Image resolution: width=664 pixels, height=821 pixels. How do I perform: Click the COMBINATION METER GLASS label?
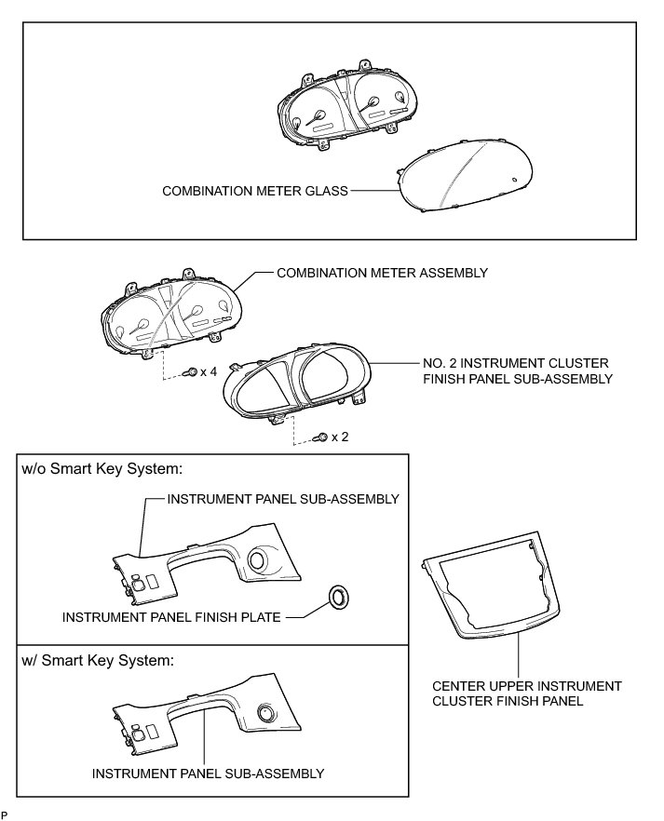pyautogui.click(x=255, y=191)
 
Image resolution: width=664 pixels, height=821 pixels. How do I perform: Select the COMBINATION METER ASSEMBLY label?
pyautogui.click(x=382, y=273)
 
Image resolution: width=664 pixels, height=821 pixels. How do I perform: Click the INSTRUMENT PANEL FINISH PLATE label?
pyautogui.click(x=171, y=616)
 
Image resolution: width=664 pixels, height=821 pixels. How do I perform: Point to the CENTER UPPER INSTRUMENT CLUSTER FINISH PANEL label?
pyautogui.click(x=527, y=693)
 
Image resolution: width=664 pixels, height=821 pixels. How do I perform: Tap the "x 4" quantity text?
pyautogui.click(x=209, y=371)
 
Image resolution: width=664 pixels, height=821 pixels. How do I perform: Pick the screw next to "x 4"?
pyautogui.click(x=191, y=372)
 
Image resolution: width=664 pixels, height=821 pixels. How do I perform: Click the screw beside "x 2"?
pyautogui.click(x=320, y=437)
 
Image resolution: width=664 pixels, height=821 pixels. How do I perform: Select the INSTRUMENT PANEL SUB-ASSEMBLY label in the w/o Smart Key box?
pyautogui.click(x=283, y=499)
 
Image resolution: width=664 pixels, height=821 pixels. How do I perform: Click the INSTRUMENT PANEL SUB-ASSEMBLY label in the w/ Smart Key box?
pyautogui.click(x=208, y=774)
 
